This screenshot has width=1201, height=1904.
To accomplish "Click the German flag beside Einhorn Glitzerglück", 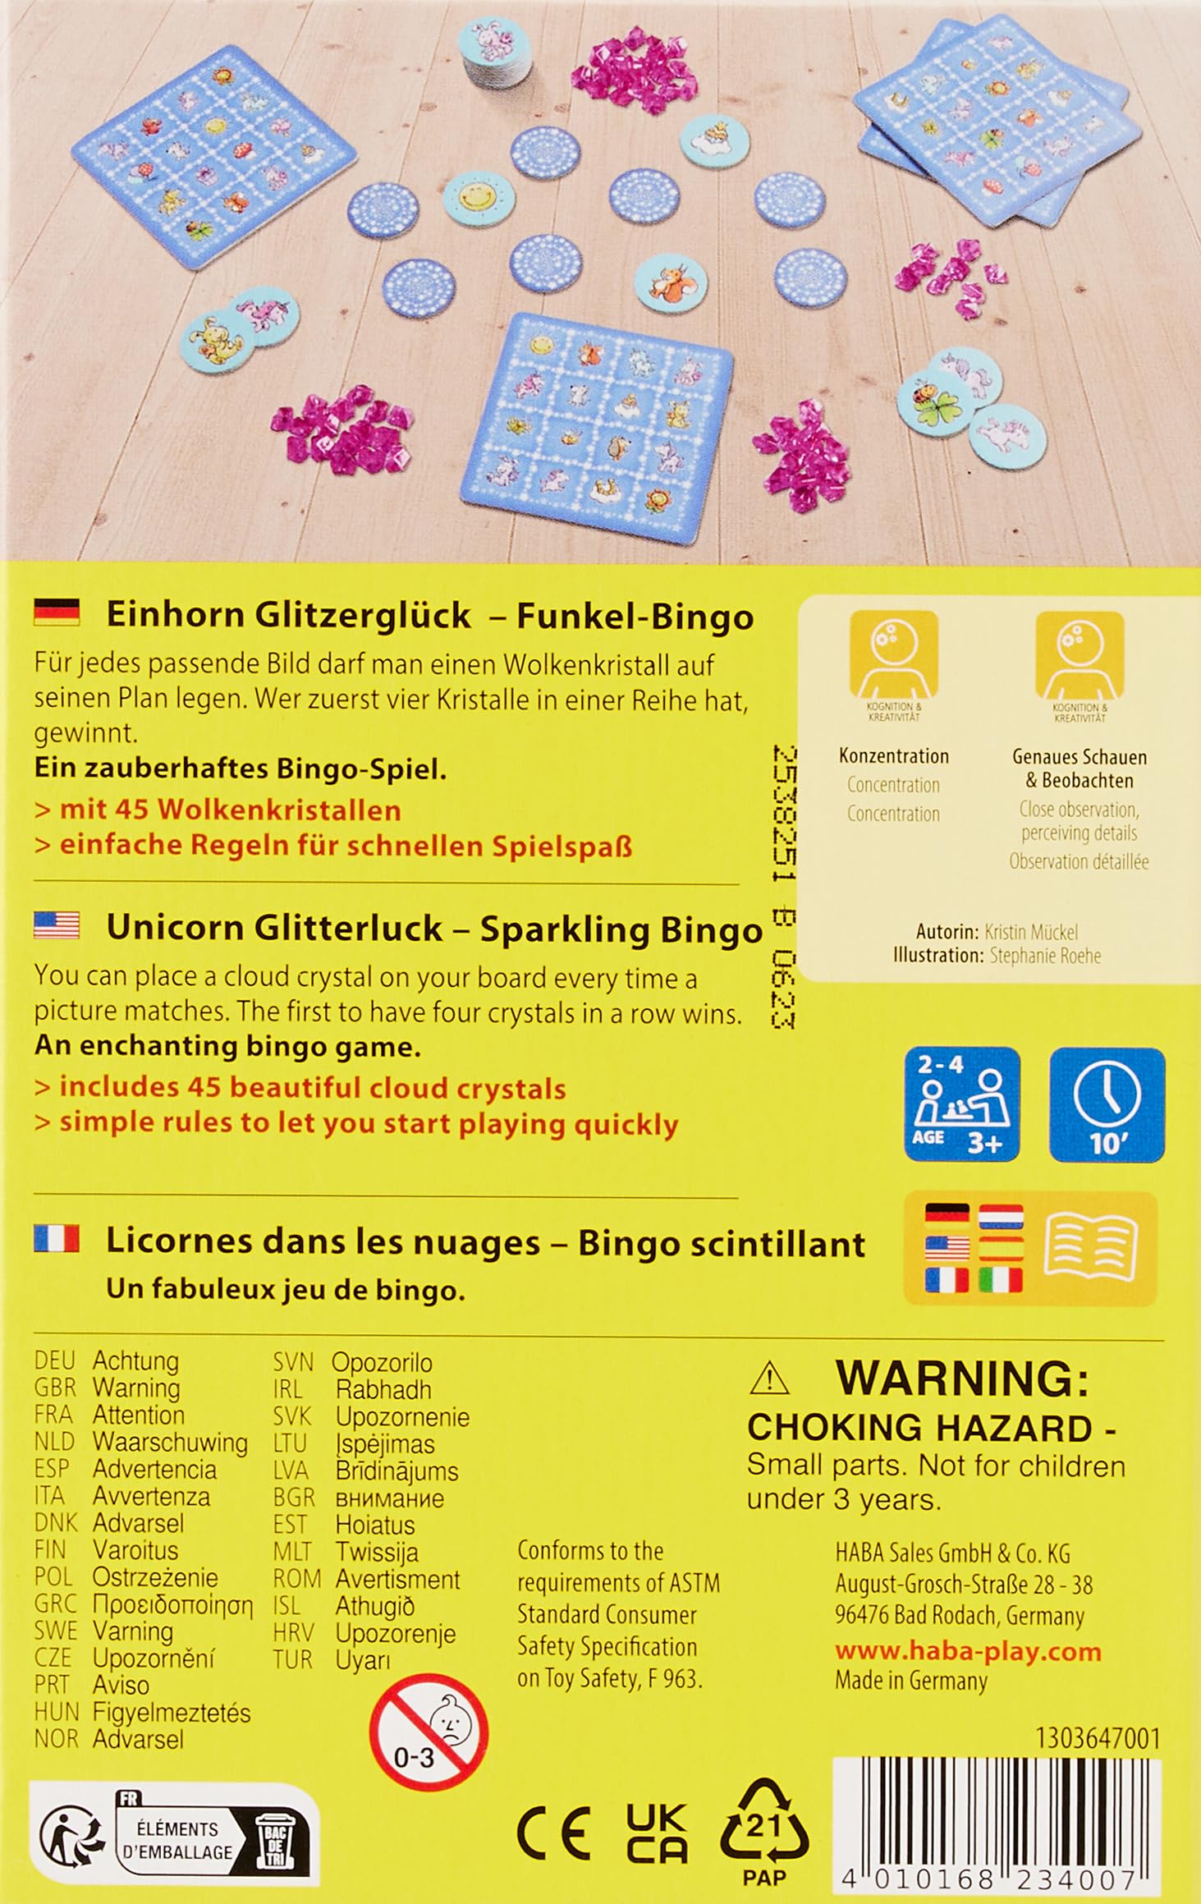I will click(x=57, y=612).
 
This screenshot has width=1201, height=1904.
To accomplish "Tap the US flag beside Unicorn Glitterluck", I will click(x=57, y=924).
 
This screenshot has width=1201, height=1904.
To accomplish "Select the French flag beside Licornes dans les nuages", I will click(x=57, y=1238).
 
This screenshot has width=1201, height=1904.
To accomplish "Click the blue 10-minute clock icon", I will click(x=1107, y=1104).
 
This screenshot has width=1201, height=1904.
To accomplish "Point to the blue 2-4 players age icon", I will click(x=962, y=1104).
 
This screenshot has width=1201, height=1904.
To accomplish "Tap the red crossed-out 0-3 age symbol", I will click(x=429, y=1732).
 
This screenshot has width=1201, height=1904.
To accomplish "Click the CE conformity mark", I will click(x=553, y=1833).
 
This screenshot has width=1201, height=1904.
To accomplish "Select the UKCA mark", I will click(x=657, y=1833).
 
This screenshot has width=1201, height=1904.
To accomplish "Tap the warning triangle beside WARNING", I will click(x=769, y=1379).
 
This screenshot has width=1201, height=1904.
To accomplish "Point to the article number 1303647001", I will click(x=1098, y=1738).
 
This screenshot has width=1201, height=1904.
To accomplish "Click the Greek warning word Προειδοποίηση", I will click(x=172, y=1603).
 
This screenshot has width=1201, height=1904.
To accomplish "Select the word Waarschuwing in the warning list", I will click(x=170, y=1442).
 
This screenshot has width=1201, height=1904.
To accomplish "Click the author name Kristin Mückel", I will click(x=1030, y=932).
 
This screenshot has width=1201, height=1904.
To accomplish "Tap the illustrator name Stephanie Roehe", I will click(x=1045, y=956).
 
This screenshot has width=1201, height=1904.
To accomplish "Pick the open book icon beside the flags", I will click(x=1090, y=1249).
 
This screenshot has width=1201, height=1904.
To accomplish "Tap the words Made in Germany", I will click(x=911, y=1681).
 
